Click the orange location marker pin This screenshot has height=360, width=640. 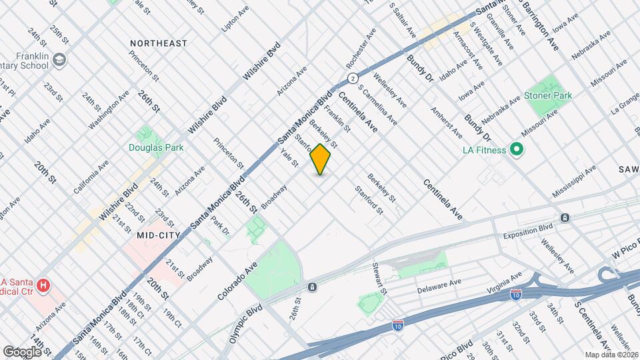coord(321,159)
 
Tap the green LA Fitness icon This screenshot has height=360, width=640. coord(516,149)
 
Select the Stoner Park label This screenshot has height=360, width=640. coord(548,96)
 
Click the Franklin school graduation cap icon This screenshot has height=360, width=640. coord(60,61)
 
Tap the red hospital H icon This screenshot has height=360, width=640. coord(44,286)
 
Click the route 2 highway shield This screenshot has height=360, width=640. coord(351,79)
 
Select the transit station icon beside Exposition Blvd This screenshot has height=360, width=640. coord(565,218)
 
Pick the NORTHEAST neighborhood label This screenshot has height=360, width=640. coord(159,43)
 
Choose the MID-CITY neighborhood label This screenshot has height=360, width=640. coord(159,235)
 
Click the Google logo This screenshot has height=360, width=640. coord(22,351)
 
